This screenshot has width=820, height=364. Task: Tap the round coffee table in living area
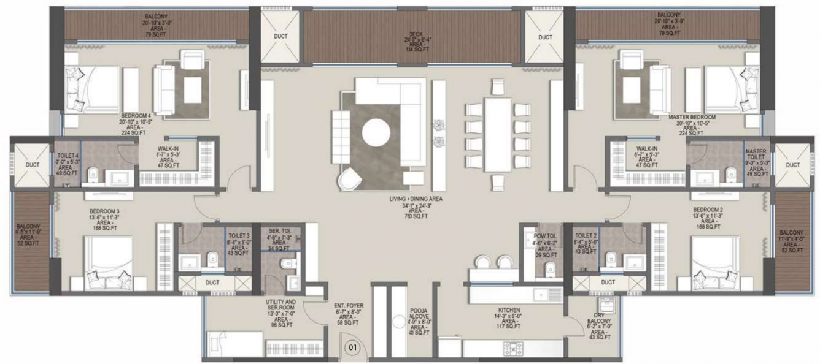pos(374,132)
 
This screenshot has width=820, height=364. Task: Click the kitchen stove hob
pos(513,348)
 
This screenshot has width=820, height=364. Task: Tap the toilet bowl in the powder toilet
pos(551,268)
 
